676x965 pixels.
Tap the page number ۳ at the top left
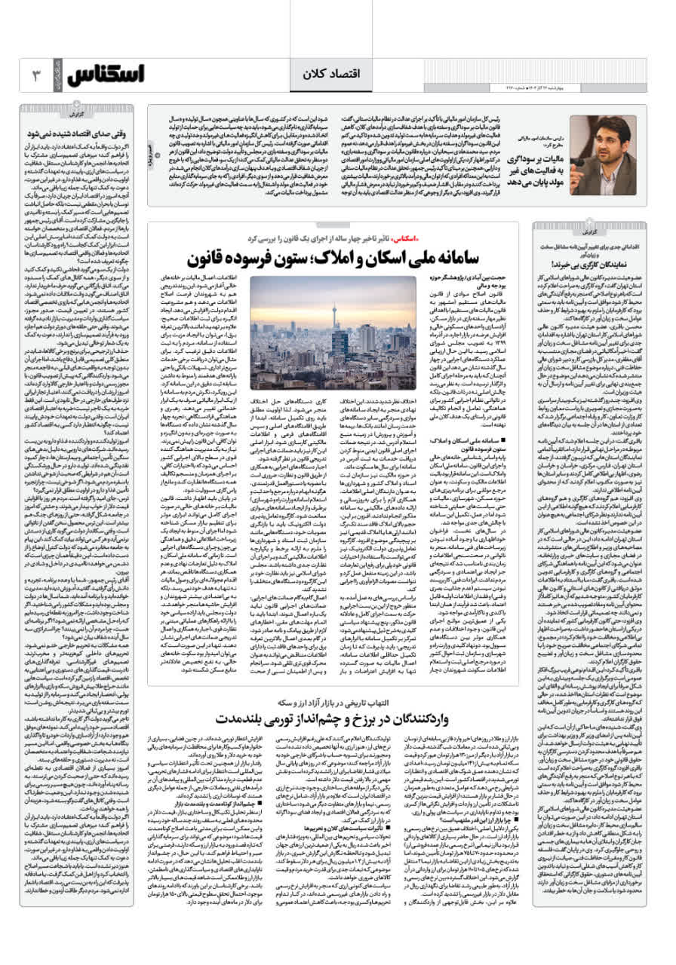35,75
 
